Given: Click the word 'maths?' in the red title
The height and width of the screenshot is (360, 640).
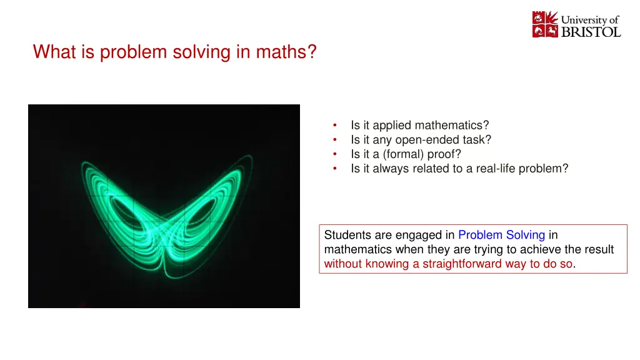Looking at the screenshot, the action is pyautogui.click(x=286, y=52).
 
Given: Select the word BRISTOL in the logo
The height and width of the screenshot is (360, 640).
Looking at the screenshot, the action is pyautogui.click(x=591, y=32).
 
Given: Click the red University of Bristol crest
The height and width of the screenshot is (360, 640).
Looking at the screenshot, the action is pyautogui.click(x=545, y=24).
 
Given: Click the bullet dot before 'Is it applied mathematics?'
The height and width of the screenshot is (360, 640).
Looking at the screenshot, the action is pyautogui.click(x=335, y=125).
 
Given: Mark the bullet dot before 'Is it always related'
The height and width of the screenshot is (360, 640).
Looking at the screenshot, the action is pyautogui.click(x=335, y=168).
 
